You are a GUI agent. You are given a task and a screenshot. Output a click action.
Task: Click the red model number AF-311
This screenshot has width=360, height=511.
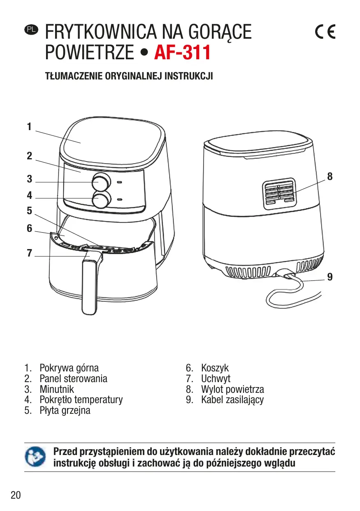(182, 53)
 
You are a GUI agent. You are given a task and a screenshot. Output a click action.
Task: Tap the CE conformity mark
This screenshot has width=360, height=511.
(325, 32)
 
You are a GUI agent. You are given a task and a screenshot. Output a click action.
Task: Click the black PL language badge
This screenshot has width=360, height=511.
(31, 29)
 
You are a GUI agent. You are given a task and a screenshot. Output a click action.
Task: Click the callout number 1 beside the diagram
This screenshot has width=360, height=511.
(29, 127)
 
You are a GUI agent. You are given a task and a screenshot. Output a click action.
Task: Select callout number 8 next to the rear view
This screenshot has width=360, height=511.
(330, 177)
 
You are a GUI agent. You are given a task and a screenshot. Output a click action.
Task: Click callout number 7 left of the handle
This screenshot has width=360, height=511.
(29, 253)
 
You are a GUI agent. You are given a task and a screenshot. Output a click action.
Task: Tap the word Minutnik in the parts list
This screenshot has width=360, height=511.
(57, 389)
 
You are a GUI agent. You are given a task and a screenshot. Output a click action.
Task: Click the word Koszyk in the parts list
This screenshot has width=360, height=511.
(215, 368)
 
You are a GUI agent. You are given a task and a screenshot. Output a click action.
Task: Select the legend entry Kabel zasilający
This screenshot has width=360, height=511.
(232, 399)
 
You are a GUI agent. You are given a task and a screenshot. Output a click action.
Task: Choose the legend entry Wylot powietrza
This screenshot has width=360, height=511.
(232, 389)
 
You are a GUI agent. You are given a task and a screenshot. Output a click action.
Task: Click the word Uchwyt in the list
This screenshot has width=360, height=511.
(216, 378)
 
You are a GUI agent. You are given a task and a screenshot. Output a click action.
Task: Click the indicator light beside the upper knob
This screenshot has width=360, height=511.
(119, 182)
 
